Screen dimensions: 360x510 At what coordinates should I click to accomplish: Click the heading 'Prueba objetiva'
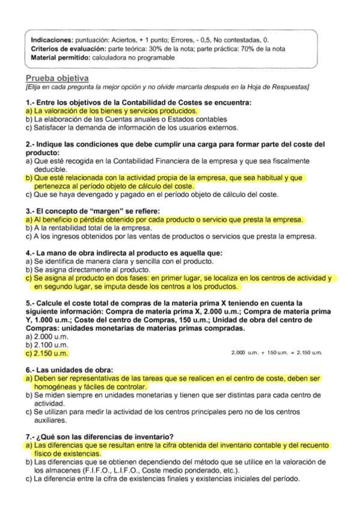[x=57, y=79]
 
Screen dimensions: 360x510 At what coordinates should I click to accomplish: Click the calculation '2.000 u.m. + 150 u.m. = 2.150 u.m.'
[x=277, y=352]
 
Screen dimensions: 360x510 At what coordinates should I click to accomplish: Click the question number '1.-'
[x=31, y=103]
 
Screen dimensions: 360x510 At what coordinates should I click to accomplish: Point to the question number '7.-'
[x=31, y=436]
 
